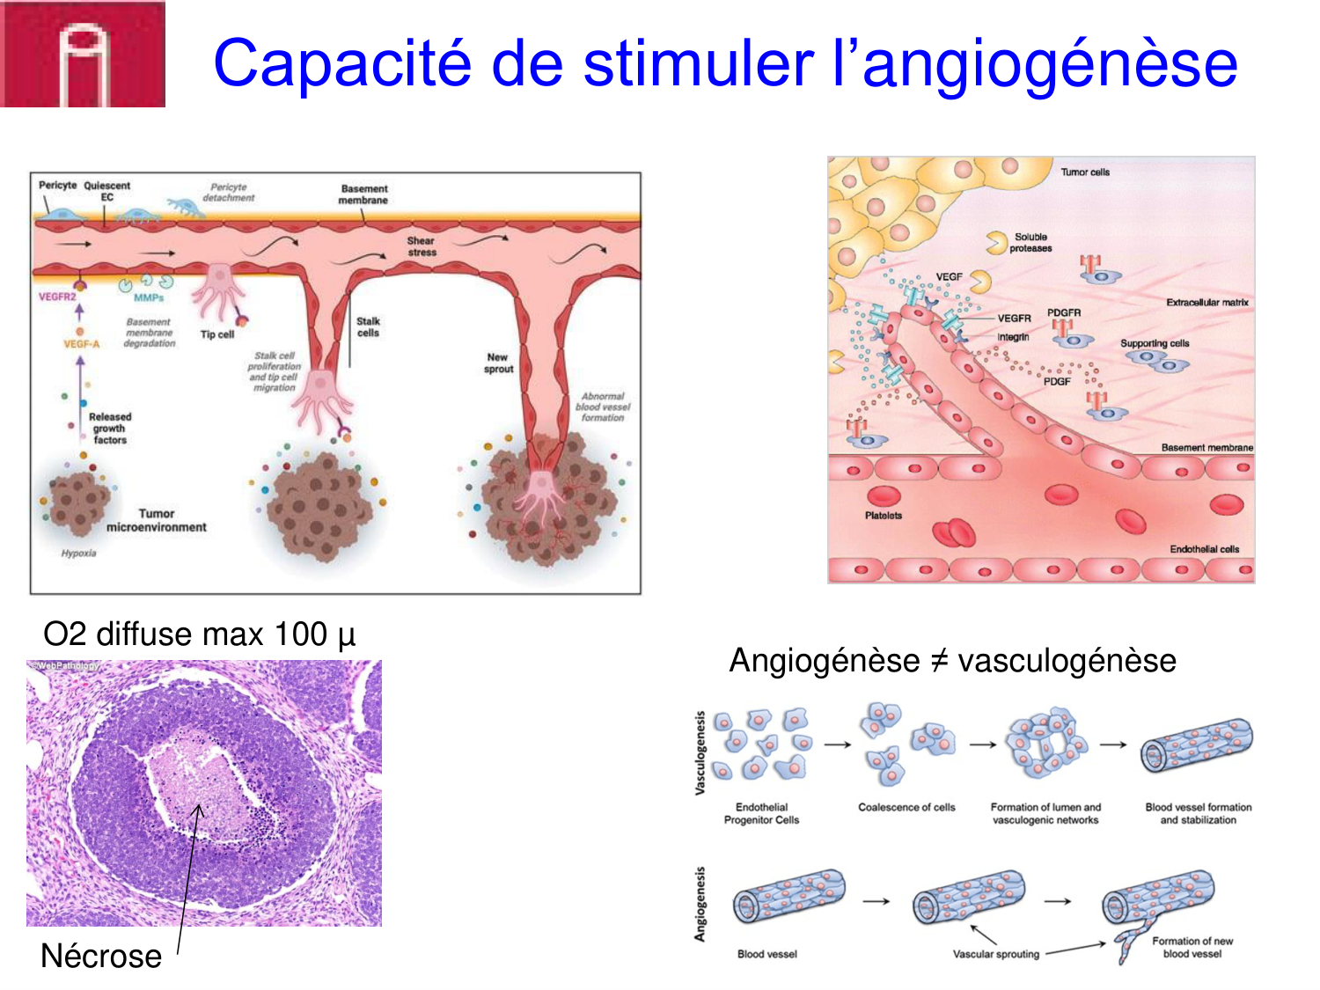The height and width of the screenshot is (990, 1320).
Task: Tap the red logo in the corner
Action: tap(83, 54)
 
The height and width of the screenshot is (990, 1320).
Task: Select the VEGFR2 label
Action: tap(57, 297)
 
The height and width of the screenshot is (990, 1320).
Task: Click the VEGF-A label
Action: tap(81, 344)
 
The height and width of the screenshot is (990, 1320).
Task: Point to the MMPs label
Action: tap(149, 297)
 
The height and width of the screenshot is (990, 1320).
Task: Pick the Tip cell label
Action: tap(216, 334)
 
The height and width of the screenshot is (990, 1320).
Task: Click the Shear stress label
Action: tap(422, 246)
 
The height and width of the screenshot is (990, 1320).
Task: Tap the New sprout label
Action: tap(498, 363)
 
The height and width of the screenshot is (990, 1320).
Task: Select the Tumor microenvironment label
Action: tap(157, 520)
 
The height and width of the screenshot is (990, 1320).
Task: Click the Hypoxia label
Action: tap(78, 553)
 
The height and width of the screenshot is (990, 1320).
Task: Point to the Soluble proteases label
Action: tap(1030, 243)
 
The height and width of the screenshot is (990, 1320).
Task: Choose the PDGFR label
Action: tap(1064, 312)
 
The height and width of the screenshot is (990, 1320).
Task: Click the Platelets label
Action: tap(883, 516)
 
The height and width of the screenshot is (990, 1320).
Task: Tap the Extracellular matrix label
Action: tap(1207, 303)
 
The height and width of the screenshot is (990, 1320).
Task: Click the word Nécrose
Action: tap(101, 956)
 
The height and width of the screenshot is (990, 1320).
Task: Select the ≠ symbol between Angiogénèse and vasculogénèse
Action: tap(938, 661)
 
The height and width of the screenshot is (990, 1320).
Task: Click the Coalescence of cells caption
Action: tap(906, 807)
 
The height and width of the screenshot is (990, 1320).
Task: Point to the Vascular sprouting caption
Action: tap(995, 954)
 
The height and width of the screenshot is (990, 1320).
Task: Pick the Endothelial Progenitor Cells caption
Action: tap(761, 813)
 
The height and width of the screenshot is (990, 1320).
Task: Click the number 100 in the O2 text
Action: tap(300, 634)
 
